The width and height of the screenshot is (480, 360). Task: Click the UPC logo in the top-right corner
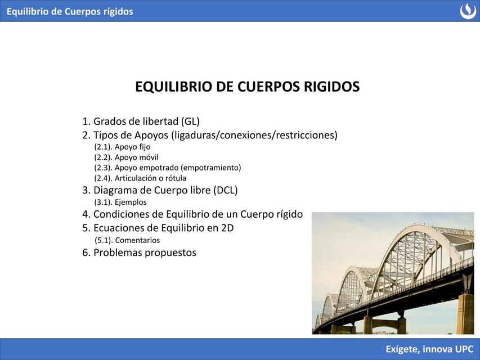[x=468, y=11]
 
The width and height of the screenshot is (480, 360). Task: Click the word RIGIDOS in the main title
[x=331, y=87]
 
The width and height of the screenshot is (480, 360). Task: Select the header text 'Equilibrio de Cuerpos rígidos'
[x=70, y=11]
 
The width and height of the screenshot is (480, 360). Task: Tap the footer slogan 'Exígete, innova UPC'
[x=429, y=349]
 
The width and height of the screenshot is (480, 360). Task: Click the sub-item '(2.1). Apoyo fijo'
[x=122, y=147]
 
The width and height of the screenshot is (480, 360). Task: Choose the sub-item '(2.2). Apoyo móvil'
[x=126, y=157]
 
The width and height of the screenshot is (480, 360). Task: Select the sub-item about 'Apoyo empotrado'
[x=167, y=168]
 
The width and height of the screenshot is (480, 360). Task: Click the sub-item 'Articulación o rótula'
[x=140, y=178]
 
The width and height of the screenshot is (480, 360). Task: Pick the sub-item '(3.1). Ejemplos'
[x=120, y=202]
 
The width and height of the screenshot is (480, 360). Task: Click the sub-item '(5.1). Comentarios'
[x=127, y=240]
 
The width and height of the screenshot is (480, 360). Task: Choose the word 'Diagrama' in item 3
[x=115, y=190]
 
